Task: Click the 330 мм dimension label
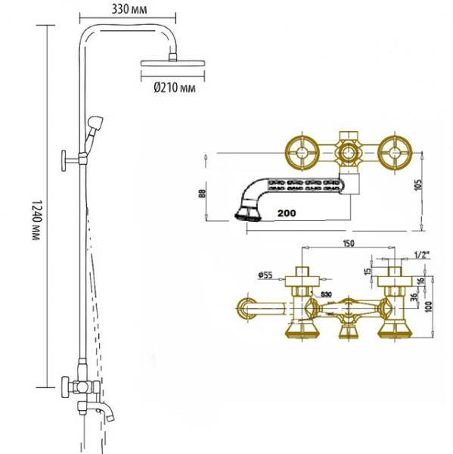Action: point(129,9)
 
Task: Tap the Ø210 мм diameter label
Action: point(174,87)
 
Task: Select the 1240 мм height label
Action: point(36,220)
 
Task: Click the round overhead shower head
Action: point(173,63)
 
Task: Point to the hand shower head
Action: point(95,123)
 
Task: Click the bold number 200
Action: point(287,213)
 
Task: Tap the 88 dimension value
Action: point(203,194)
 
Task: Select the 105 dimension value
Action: point(418,185)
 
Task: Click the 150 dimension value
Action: point(348,243)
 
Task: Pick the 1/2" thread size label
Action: point(422,255)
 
